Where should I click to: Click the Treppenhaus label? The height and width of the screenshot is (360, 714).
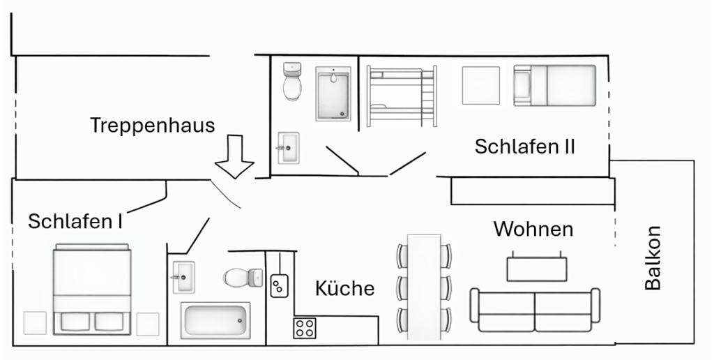153,126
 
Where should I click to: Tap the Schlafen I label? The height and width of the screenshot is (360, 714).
75,222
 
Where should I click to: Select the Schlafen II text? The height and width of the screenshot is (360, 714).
524,147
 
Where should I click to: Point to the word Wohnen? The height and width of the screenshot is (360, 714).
533,229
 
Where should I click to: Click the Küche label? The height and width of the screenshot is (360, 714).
344,288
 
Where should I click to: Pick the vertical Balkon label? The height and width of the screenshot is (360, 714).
653,257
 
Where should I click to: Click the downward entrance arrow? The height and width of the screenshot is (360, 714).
234,158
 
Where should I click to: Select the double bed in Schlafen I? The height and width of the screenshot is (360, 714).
92,289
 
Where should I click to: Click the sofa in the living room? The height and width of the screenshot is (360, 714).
535,310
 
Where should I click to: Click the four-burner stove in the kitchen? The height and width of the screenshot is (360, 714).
305,327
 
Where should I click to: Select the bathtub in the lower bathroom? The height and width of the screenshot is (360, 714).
215,321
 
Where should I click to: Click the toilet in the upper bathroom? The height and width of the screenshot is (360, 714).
293,82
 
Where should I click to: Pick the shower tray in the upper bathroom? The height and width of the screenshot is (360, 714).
333,94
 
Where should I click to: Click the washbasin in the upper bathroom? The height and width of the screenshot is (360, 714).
288,148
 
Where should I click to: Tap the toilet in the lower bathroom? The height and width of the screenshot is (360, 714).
241,278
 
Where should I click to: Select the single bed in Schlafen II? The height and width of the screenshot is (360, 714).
555,85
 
